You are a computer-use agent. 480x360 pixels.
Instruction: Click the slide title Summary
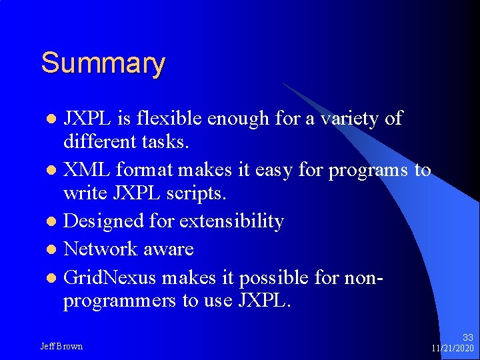[103, 64]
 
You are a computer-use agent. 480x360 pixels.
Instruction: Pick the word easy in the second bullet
[272, 170]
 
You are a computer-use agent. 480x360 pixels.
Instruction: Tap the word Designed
[99, 221]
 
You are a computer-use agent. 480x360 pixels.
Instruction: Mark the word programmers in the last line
[120, 301]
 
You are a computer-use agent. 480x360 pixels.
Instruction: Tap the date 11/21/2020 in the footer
[452, 349]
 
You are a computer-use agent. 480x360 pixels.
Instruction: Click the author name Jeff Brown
[61, 346]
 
